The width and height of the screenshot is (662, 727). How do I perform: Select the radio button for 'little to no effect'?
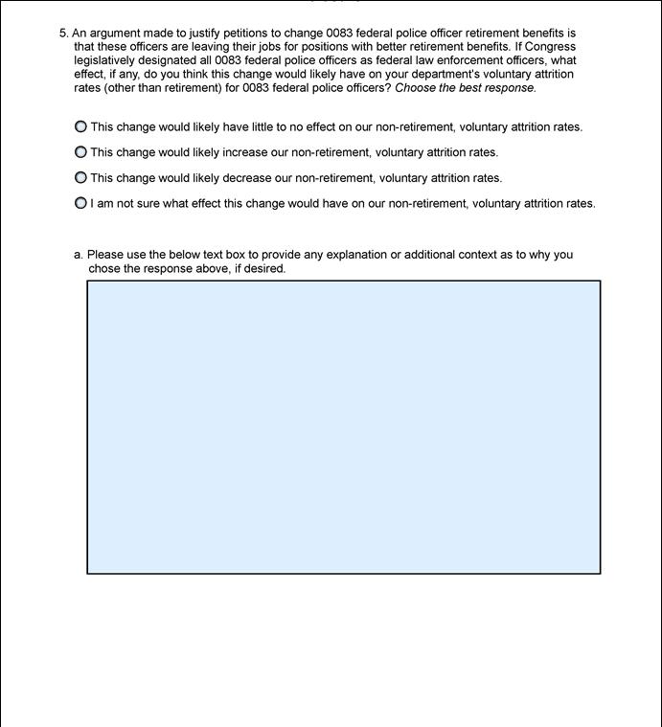(x=80, y=126)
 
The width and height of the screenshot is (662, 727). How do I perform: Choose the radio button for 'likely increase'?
(x=80, y=152)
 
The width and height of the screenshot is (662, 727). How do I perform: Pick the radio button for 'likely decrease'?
(x=80, y=178)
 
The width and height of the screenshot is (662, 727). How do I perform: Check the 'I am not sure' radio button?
(x=80, y=203)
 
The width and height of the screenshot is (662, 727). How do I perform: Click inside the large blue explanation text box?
(x=343, y=426)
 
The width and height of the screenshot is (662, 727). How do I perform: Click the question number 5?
(x=63, y=33)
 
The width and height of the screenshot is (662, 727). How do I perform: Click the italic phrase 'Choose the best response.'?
(x=466, y=88)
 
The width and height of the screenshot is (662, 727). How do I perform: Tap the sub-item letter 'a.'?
(x=79, y=255)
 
